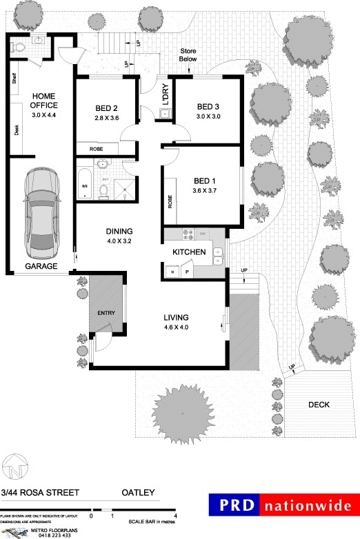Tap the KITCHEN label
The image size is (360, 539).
(x=188, y=253)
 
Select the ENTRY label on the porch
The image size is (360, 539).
(x=106, y=313)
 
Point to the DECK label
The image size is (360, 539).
(x=319, y=405)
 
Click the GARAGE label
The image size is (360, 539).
(x=41, y=266)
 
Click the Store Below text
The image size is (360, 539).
(x=188, y=55)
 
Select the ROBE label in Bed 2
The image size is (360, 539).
(x=96, y=149)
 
